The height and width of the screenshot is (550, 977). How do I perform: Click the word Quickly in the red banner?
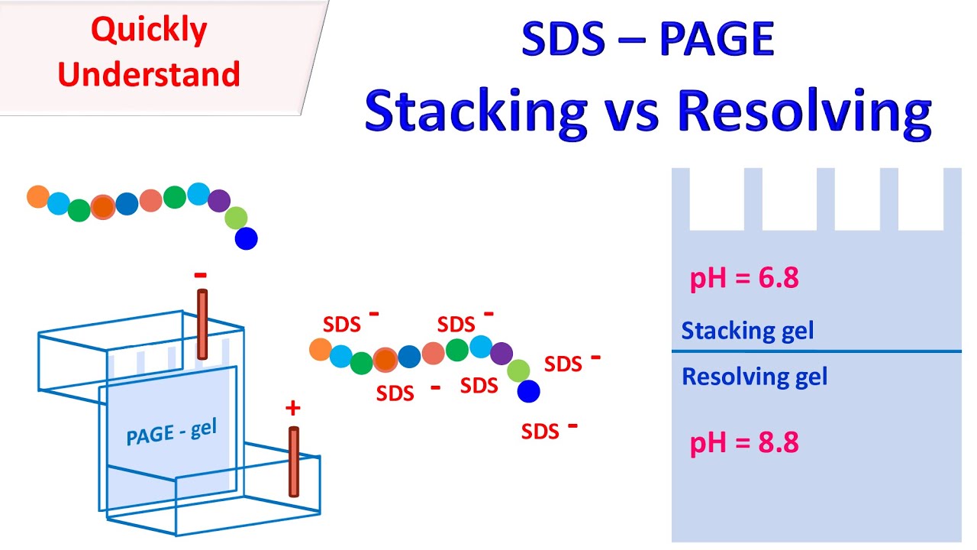point(149,31)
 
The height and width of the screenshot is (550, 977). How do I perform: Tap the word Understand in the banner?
point(149,75)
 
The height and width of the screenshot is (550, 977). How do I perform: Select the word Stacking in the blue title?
point(476,112)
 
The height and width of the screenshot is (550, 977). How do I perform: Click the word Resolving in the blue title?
point(804,112)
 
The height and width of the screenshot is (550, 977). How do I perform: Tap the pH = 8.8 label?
point(744,443)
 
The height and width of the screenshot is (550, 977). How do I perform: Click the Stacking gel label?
point(747,331)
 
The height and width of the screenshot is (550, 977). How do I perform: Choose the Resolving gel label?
point(754,377)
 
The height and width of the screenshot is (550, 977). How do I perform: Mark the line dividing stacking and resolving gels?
point(816,351)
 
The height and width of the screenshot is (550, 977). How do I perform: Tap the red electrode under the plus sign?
point(294,461)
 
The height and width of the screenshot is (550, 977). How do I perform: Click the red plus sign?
point(292,409)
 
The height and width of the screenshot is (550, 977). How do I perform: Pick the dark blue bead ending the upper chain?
point(246,239)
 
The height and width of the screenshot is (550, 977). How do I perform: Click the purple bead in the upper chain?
point(219,201)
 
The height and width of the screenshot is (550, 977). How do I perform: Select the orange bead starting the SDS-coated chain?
point(320,350)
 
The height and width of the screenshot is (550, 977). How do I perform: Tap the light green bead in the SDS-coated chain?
point(519,370)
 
